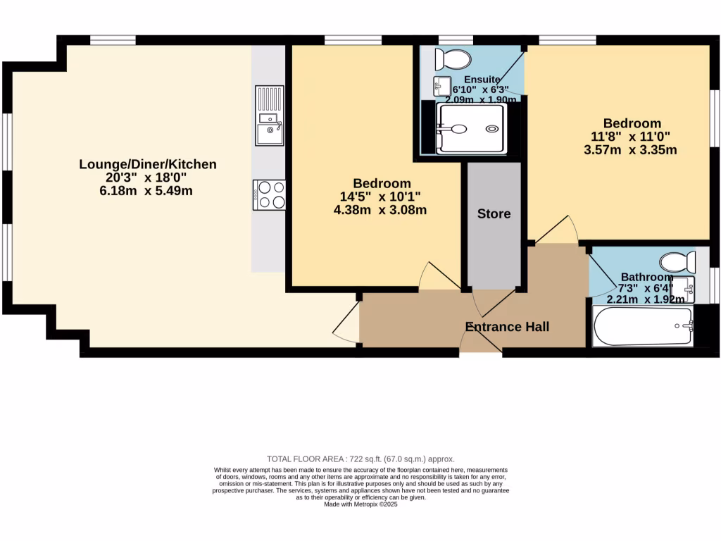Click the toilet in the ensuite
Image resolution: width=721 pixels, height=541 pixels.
point(449,58)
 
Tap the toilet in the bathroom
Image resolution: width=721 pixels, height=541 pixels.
point(678,263)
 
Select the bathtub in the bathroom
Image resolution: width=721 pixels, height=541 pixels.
point(643,326)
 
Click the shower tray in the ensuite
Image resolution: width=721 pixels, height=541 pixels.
point(470,129)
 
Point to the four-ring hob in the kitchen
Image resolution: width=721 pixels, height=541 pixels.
point(270,195)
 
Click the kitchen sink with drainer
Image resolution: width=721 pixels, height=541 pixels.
point(270,116)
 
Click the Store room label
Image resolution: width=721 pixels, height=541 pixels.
point(494,213)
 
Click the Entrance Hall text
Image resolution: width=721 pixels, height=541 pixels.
point(507,327)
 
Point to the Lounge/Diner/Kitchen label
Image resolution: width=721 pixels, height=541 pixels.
point(148,164)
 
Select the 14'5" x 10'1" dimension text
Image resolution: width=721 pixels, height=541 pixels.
point(382,197)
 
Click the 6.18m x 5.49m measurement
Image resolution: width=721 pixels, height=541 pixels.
point(147,191)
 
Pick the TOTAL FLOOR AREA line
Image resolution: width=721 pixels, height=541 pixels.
point(360,459)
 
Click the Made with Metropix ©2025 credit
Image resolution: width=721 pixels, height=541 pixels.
point(360,504)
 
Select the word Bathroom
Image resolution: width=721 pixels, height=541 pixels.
point(646,277)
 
